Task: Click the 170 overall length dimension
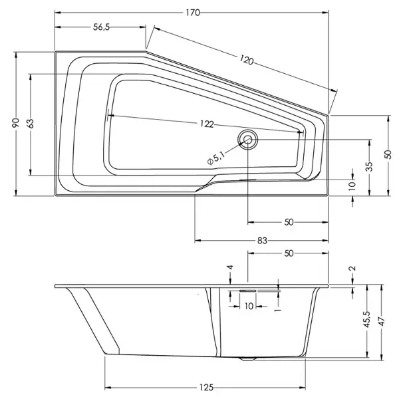[x=193, y=13]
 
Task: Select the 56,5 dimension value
[x=101, y=27]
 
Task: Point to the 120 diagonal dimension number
[x=246, y=60]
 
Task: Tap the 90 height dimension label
[x=16, y=123]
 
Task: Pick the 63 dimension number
[x=31, y=124]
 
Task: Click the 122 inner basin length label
[x=207, y=124]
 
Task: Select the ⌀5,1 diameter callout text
[x=216, y=158]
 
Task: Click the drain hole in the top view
[x=247, y=139]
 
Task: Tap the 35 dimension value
[x=370, y=166]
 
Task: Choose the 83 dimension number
[x=262, y=241]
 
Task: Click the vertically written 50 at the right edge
[x=388, y=154]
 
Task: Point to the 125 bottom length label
[x=206, y=387]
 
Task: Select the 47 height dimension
[x=382, y=321]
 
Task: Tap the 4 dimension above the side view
[x=230, y=267]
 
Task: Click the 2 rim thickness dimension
[x=352, y=268]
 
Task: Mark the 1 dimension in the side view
[x=278, y=309]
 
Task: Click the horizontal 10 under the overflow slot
[x=249, y=306]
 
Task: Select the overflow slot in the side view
[x=247, y=291]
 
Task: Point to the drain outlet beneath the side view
[x=247, y=359]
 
